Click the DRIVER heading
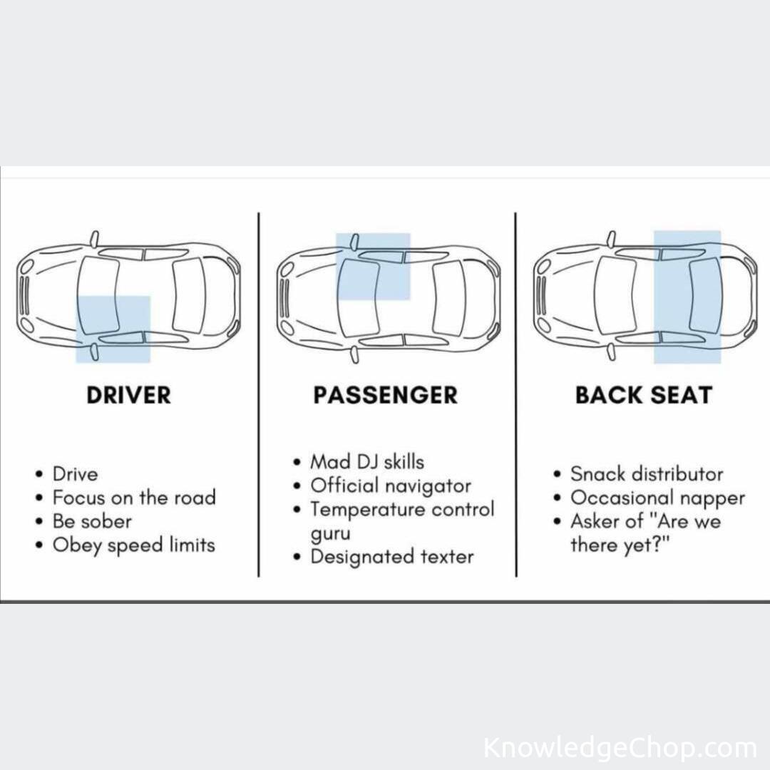point(128,395)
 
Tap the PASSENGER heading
point(386,395)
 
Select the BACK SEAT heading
point(644,395)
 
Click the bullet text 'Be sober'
point(92,521)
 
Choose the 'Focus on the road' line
point(134,498)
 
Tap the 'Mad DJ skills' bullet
point(367,462)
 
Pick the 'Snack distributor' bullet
point(647,474)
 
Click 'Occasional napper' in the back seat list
point(657,498)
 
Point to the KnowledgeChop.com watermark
point(620,749)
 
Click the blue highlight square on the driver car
point(113,329)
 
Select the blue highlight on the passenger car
point(373,267)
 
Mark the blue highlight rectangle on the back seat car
point(687,297)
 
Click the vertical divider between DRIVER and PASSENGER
point(259,395)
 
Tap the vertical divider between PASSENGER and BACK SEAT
point(515,395)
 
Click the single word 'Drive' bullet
point(75,474)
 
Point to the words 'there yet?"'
point(620,545)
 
